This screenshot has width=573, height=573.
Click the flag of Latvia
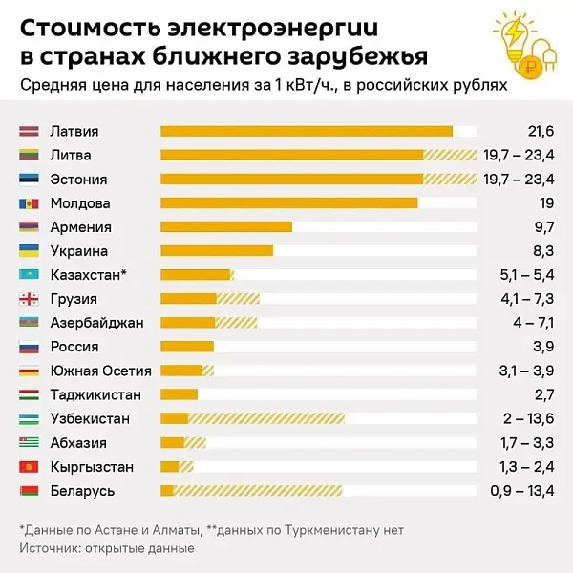[29, 132]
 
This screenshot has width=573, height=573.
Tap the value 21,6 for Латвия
[541, 132]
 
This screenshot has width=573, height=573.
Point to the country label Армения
[81, 227]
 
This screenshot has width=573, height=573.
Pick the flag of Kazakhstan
[29, 275]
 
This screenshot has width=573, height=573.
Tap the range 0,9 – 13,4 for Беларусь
[523, 491]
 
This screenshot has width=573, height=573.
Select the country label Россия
[75, 347]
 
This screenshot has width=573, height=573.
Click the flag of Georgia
[29, 299]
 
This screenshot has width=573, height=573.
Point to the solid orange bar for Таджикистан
[179, 394]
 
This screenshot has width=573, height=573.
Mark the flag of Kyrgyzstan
[29, 467]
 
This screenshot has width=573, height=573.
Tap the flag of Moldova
[29, 203]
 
